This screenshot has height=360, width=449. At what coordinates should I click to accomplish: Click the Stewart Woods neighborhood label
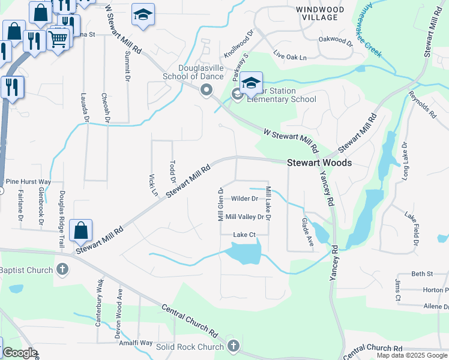(319, 163)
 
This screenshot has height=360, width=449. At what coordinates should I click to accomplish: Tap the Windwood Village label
(321, 14)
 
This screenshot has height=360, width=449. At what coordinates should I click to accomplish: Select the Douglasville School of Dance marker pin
(206, 91)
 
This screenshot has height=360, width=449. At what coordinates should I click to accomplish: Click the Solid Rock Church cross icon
(233, 346)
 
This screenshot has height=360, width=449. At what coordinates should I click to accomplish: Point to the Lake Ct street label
(244, 235)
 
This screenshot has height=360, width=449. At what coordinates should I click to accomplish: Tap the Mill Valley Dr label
(244, 217)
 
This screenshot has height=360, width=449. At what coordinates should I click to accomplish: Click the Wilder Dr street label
(244, 199)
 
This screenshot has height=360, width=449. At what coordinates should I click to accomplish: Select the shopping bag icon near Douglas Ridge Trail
(81, 230)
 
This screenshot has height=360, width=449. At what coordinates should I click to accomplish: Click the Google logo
(19, 353)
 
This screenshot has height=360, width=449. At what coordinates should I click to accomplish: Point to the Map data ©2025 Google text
(412, 355)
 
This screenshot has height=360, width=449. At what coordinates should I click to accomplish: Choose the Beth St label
(422, 274)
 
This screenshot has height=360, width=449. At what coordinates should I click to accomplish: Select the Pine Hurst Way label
(28, 181)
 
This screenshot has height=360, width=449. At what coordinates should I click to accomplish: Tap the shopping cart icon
(58, 40)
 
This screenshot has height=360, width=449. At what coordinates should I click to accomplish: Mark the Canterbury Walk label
(98, 310)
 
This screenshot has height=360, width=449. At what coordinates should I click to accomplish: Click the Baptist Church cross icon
(62, 269)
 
